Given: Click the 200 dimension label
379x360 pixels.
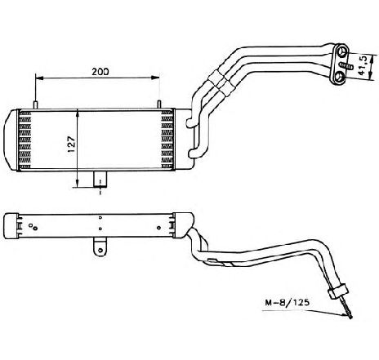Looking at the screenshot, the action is [x=100, y=72].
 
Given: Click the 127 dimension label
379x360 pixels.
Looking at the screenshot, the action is [x=71, y=144].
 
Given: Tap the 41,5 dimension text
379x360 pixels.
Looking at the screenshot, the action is [x=363, y=65].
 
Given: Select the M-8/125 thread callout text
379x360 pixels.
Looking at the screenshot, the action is [x=287, y=302].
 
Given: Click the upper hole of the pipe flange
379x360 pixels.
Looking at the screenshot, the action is [x=343, y=51].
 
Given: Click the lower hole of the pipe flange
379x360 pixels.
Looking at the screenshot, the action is [x=339, y=77].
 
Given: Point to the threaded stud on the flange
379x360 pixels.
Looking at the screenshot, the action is [x=346, y=65].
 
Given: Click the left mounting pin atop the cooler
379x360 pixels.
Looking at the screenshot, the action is [x=36, y=105].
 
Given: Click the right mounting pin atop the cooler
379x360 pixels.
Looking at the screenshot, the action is [x=159, y=104].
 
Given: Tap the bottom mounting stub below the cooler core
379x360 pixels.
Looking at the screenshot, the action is [x=100, y=179].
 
